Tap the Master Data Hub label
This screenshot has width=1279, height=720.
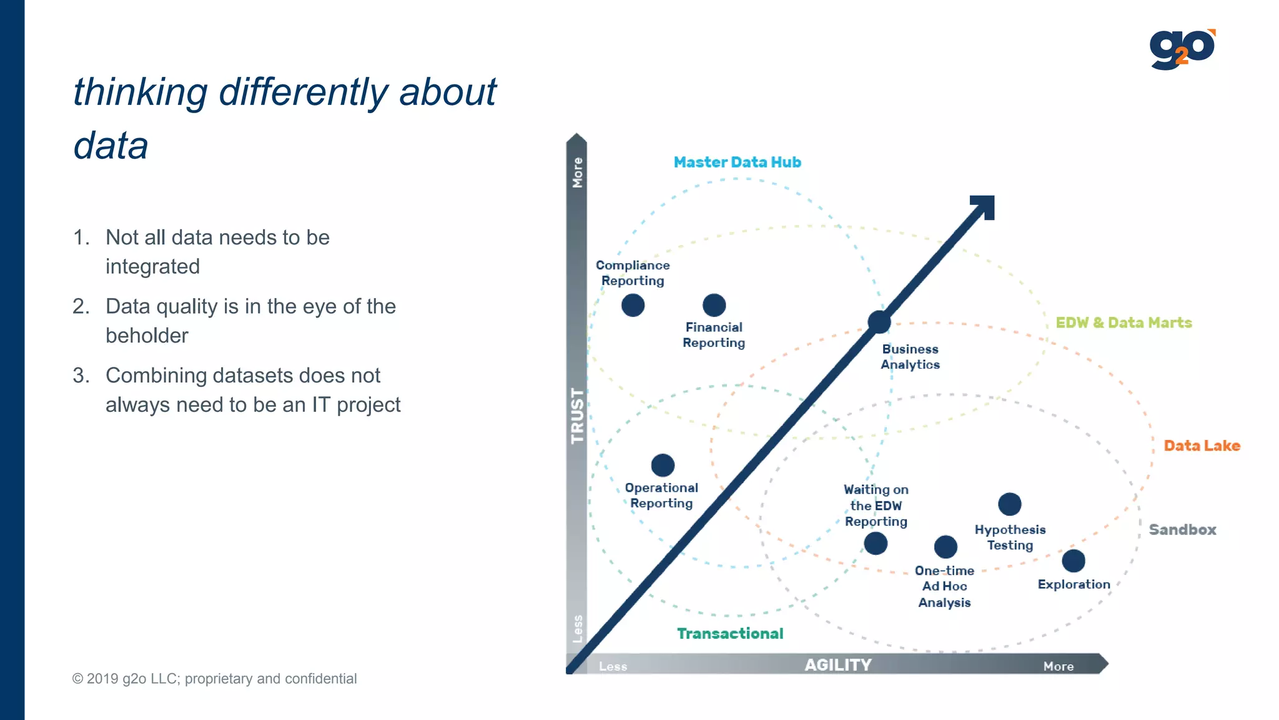(737, 162)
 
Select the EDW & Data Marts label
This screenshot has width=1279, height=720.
(1123, 322)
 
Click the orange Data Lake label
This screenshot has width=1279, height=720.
(1202, 446)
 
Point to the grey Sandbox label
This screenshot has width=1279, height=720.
(1182, 529)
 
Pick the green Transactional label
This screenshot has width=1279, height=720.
(730, 634)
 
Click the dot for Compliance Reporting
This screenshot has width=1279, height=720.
(633, 306)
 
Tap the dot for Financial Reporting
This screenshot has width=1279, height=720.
(714, 306)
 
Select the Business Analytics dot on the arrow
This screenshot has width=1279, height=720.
(879, 322)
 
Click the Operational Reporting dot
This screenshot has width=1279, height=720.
(663, 465)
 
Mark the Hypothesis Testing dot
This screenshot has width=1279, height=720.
(1009, 504)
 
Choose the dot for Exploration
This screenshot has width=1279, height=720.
(1073, 561)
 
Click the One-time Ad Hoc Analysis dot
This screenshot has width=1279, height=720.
(946, 547)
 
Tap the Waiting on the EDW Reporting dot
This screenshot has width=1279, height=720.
(876, 543)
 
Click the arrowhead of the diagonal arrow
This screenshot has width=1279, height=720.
(984, 206)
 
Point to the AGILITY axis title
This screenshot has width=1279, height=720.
(837, 665)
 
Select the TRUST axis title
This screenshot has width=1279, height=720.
(577, 416)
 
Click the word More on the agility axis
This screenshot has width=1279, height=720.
(1058, 666)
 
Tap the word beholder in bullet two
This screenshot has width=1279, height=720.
(147, 336)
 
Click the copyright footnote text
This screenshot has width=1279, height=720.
(214, 679)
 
